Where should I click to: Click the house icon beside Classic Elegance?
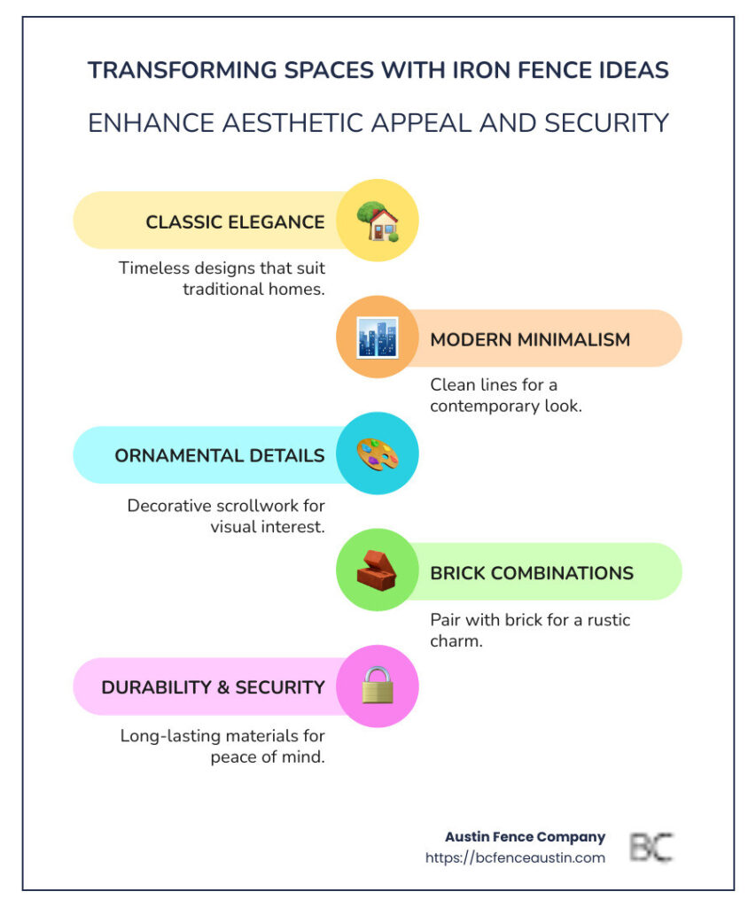[378, 221]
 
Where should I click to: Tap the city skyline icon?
[378, 337]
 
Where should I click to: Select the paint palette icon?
[378, 454]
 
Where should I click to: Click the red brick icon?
[377, 570]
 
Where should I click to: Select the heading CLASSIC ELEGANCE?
[235, 222]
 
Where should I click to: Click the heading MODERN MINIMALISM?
[530, 339]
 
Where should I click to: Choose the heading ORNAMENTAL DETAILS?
[220, 456]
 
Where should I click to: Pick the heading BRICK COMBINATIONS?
[532, 573]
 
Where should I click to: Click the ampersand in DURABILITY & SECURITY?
[223, 687]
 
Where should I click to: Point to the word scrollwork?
[265, 506]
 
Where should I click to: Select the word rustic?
[608, 620]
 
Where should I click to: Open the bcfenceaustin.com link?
[515, 857]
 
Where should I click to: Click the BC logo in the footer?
[651, 848]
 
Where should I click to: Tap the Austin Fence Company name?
[525, 837]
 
